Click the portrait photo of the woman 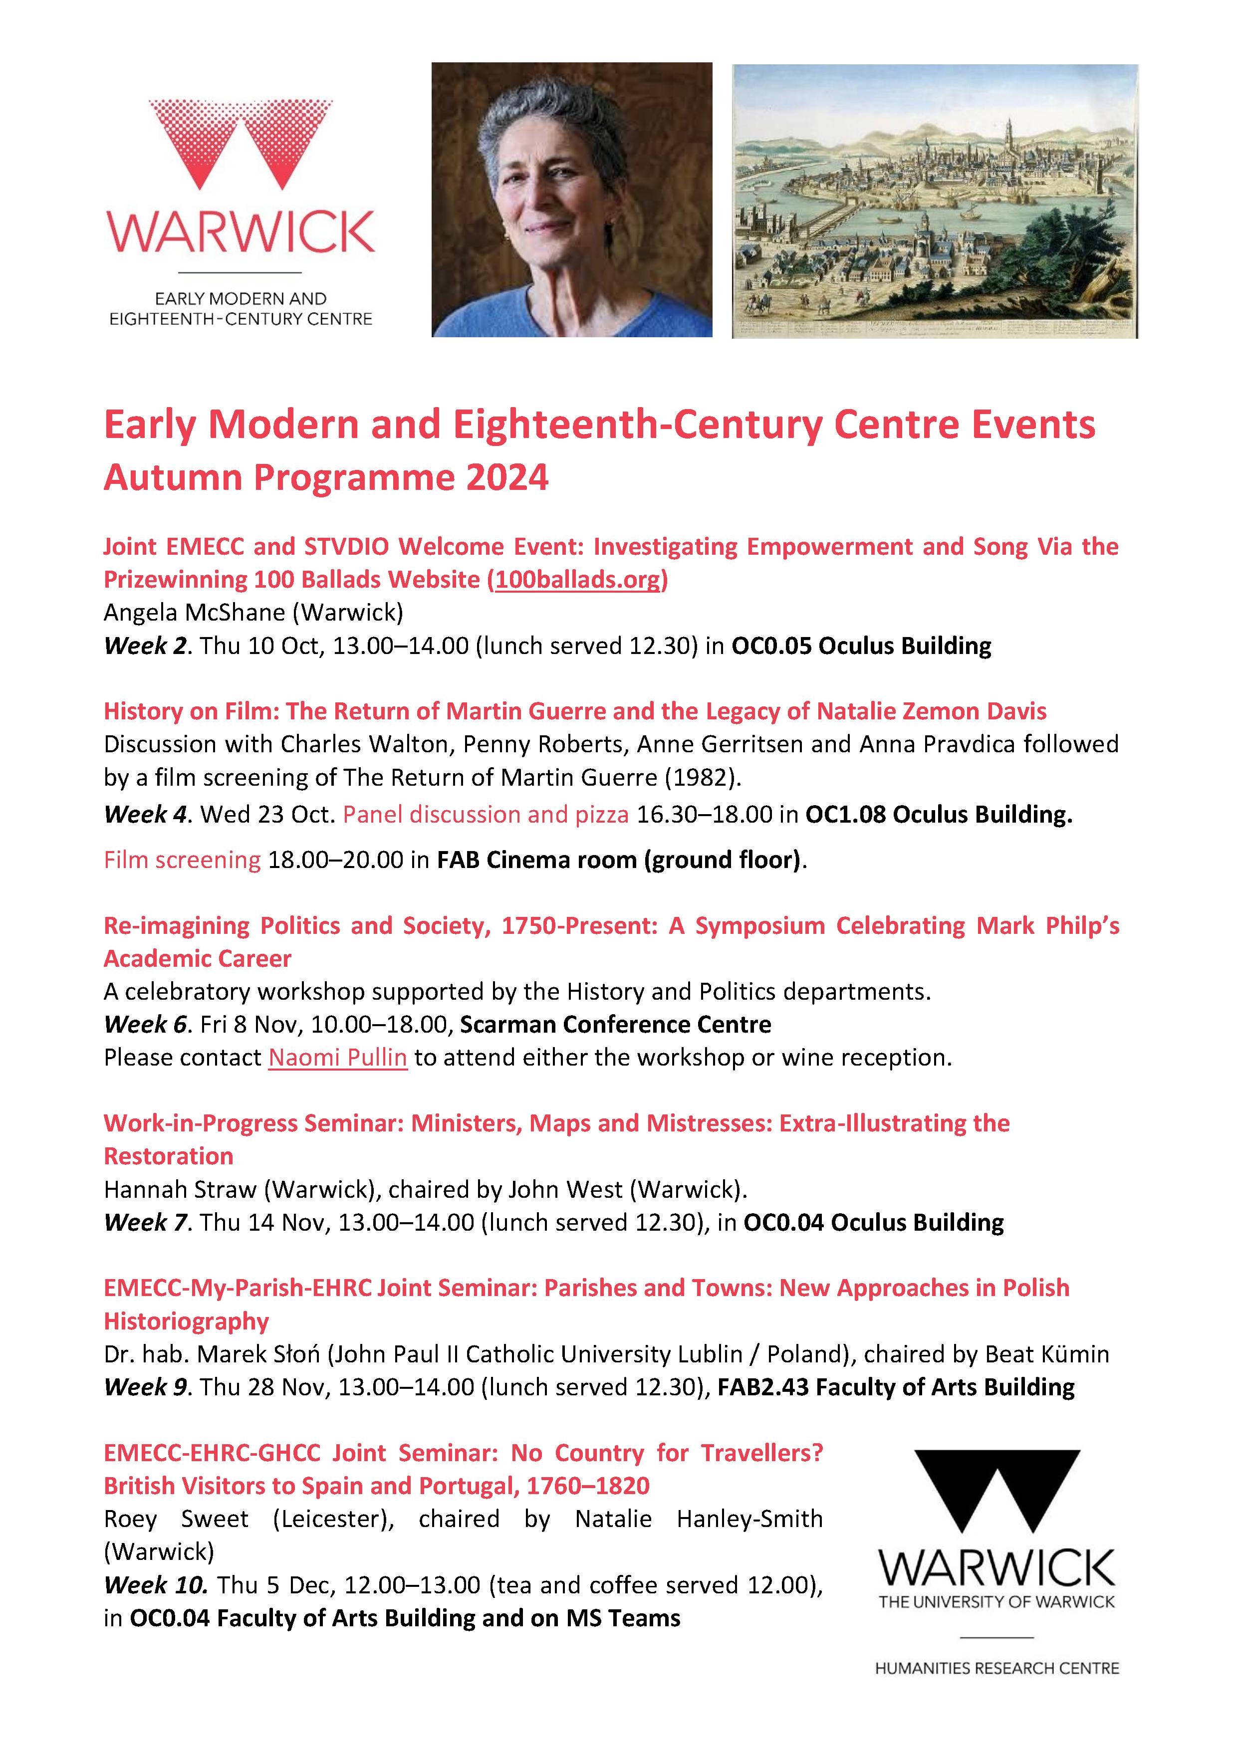tap(572, 200)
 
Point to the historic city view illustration tap(935, 201)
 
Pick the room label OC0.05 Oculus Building tap(861, 646)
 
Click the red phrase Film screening tap(182, 860)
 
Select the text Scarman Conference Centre tap(615, 1024)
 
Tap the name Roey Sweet tap(176, 1519)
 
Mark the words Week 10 tap(156, 1585)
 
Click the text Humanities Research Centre tap(997, 1669)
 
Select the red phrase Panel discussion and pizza tap(486, 814)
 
